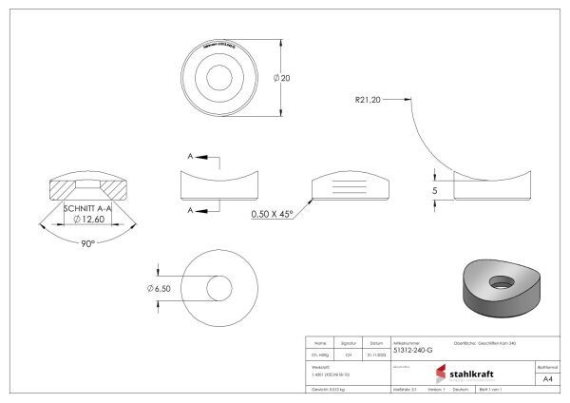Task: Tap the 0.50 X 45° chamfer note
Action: point(273,213)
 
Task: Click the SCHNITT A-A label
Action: point(87,207)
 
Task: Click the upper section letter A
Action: point(191,156)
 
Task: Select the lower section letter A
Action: point(191,209)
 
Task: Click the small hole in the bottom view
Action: point(219,288)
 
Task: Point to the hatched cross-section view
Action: point(86,185)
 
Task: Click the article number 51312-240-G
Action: point(414,351)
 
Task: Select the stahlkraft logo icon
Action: point(440,373)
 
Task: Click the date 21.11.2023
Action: point(376,351)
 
